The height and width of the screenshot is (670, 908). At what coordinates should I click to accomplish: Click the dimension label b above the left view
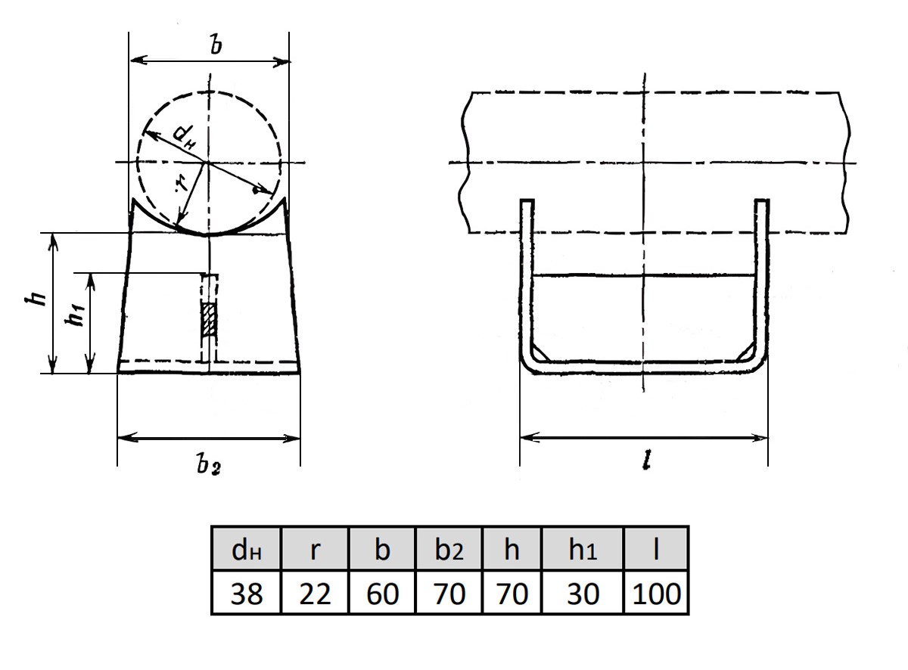click(216, 44)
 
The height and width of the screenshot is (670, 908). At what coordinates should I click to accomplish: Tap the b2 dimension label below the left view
click(208, 465)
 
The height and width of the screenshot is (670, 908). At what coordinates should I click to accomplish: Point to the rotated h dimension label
click(36, 299)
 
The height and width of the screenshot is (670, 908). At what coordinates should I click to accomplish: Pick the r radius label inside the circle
click(182, 185)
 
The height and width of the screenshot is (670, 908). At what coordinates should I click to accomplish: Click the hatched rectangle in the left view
click(209, 319)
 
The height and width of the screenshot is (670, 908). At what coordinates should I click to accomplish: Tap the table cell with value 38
click(247, 593)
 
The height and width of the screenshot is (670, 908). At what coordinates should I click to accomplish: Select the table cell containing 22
click(315, 593)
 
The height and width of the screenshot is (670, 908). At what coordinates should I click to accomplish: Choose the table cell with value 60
click(382, 593)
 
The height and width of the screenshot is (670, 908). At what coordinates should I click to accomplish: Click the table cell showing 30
click(583, 593)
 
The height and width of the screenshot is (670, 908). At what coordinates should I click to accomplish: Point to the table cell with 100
click(656, 593)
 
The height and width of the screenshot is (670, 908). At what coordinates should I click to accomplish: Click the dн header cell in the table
click(247, 548)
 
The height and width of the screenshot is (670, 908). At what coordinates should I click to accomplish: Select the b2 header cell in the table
click(449, 548)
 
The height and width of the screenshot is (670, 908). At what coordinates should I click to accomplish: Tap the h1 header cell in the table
click(583, 548)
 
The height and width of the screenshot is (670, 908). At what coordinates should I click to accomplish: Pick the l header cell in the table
click(656, 548)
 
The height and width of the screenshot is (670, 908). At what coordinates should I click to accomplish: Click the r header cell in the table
click(315, 548)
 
